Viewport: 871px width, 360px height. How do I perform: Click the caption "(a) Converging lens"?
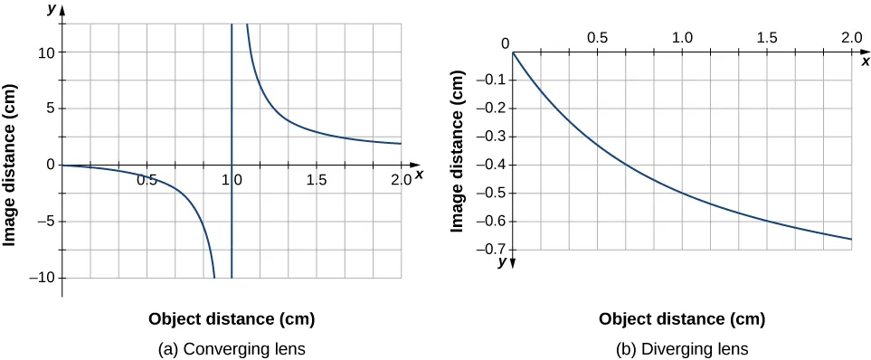tap(232, 348)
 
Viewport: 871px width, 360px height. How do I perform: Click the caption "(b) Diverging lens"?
tap(682, 348)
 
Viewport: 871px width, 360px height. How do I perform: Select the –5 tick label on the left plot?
tap(45, 222)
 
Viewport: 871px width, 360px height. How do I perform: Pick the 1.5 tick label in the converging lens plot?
tap(316, 180)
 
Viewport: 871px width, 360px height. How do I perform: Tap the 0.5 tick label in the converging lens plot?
tap(147, 180)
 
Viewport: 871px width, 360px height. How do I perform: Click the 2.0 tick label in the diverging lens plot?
tap(850, 38)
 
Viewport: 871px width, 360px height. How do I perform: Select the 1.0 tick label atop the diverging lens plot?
tap(681, 38)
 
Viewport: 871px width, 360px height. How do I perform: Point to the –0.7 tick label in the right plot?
tap(489, 250)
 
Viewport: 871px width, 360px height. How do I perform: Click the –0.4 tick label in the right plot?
tap(489, 165)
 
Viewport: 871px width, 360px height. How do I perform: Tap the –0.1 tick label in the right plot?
tap(489, 81)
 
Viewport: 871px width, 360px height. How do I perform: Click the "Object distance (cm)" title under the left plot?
tap(232, 319)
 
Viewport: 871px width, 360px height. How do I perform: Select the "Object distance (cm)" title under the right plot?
tap(682, 319)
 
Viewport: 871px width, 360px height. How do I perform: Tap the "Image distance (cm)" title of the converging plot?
tap(11, 165)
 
